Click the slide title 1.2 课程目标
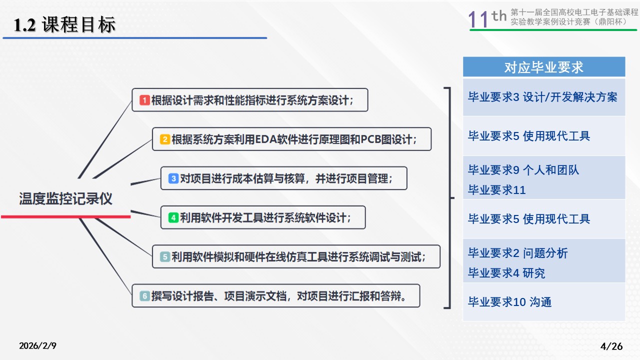(x=64, y=24)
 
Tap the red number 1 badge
(x=144, y=100)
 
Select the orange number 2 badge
(x=165, y=139)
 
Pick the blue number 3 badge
(x=173, y=178)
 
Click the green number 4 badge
(x=173, y=217)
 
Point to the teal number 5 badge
(x=165, y=257)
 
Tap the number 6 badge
(x=144, y=296)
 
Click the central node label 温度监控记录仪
(x=65, y=198)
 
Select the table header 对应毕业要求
(x=543, y=67)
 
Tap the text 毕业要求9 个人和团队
(x=523, y=170)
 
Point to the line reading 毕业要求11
(x=497, y=190)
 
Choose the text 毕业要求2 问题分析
(x=517, y=253)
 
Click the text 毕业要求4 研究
(x=506, y=273)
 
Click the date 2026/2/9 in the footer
(x=37, y=345)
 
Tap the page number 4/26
(x=611, y=346)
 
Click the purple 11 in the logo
(x=478, y=19)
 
